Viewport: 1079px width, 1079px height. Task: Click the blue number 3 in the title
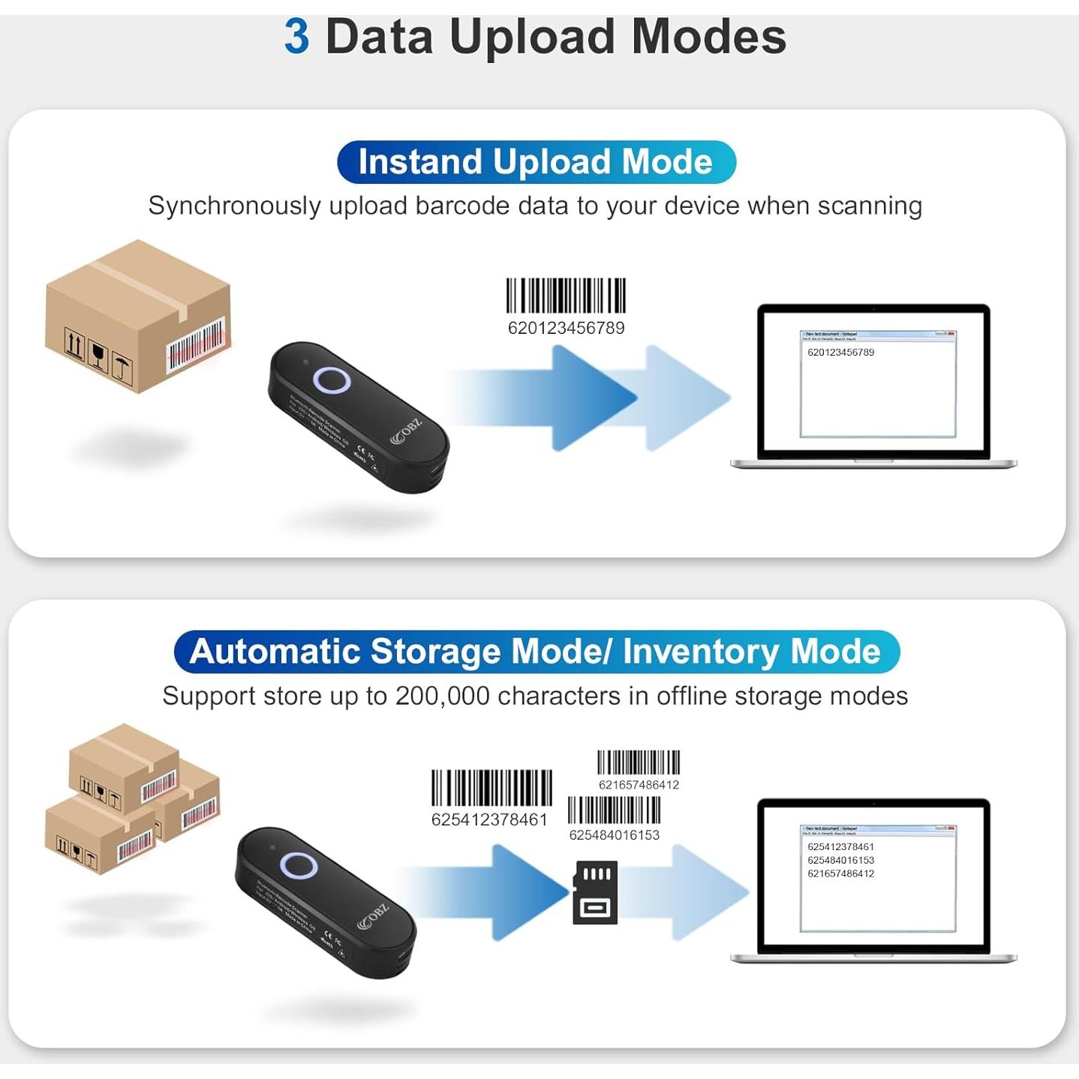click(296, 37)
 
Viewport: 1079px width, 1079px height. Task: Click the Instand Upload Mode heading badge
click(536, 162)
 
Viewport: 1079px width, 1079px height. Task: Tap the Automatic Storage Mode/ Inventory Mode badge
click(536, 651)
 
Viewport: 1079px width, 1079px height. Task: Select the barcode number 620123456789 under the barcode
click(566, 328)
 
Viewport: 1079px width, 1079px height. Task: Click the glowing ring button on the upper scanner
click(332, 380)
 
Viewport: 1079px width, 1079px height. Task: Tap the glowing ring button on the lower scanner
click(298, 865)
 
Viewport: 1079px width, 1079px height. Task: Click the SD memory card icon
click(596, 892)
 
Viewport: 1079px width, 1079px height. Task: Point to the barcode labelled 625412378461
click(491, 789)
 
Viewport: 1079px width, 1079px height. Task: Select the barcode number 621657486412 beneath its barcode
click(639, 785)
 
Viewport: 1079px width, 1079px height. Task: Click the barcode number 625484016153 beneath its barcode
click(614, 835)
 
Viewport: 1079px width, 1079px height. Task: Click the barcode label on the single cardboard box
click(195, 344)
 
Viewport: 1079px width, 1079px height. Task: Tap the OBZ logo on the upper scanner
click(407, 432)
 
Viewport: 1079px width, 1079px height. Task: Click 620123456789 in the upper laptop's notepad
click(840, 352)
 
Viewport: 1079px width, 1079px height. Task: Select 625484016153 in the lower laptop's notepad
click(840, 860)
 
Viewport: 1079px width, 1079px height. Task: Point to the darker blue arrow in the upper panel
click(570, 398)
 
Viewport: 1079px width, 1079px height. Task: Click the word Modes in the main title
click(708, 37)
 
